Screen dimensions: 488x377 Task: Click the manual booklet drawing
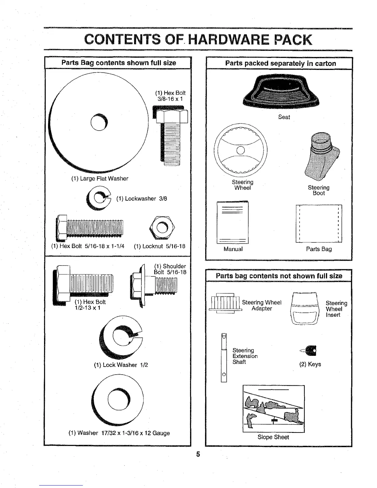233,222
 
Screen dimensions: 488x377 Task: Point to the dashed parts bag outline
319,224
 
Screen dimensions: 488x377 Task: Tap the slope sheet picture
274,409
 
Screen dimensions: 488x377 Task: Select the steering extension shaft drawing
224,357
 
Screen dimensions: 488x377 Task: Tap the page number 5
198,454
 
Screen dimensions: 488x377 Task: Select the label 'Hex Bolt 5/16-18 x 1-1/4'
88,246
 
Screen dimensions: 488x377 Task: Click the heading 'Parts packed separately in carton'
280,63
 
